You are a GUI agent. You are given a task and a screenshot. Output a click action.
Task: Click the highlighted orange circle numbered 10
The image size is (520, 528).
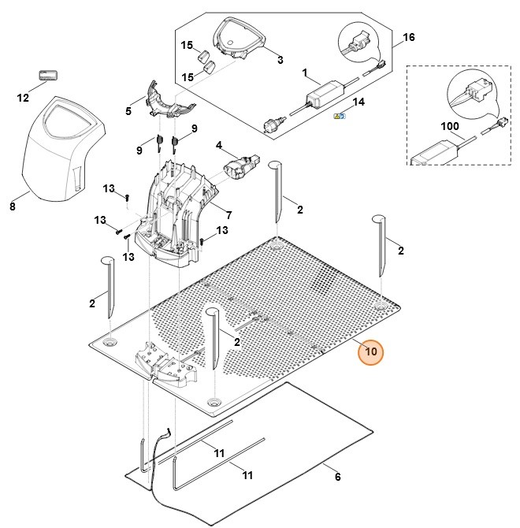coord(370,351)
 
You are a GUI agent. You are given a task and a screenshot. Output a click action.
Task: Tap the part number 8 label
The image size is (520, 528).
coord(12,207)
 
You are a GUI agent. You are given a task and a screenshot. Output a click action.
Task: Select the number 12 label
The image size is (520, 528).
coord(23,98)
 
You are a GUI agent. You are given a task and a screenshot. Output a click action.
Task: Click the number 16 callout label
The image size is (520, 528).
coord(408,37)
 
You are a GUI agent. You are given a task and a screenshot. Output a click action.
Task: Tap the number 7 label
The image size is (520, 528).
coord(228,215)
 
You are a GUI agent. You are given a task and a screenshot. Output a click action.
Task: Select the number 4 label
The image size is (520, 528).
coord(219,145)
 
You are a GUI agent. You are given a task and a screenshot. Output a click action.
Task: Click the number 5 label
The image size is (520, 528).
coord(128,111)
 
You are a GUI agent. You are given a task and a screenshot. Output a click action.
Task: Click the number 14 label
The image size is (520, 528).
coord(358,102)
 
